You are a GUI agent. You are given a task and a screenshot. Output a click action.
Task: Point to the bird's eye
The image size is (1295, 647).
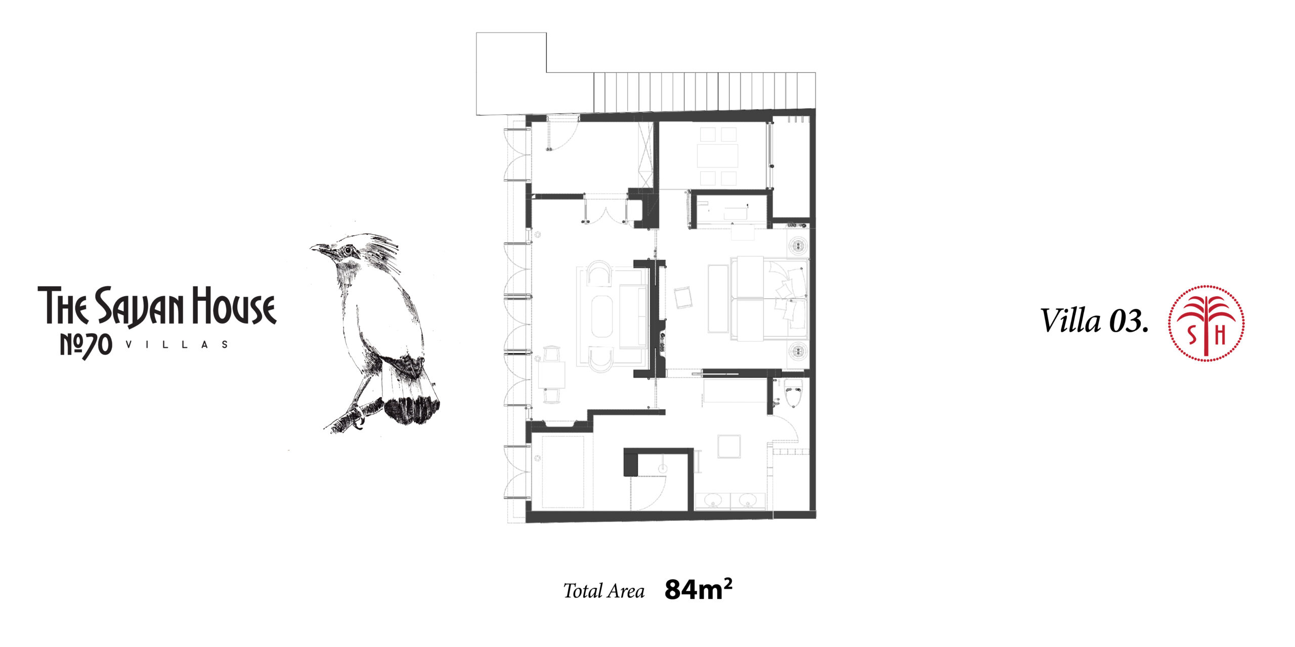[x=348, y=251]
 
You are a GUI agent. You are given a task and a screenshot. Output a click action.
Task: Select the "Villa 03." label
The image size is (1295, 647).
[x=1094, y=321]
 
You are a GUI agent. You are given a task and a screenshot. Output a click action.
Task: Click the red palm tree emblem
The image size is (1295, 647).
[x=1206, y=323]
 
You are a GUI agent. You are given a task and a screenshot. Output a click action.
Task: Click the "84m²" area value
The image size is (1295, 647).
[x=698, y=589]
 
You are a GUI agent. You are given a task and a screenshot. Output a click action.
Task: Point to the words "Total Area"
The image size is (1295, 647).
[x=604, y=591]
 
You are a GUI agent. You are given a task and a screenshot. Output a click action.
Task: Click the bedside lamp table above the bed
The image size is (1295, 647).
[x=798, y=246]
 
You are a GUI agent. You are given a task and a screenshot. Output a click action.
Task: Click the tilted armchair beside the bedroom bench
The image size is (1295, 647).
[x=682, y=297]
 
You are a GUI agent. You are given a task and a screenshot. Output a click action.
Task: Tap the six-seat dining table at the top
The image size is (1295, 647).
[x=718, y=156]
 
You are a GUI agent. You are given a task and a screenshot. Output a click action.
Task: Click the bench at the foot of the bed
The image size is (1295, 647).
[x=717, y=298]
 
